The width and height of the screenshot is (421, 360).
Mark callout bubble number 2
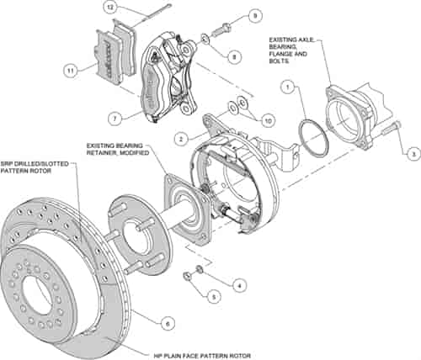181,136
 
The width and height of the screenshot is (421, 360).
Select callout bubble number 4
239,285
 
